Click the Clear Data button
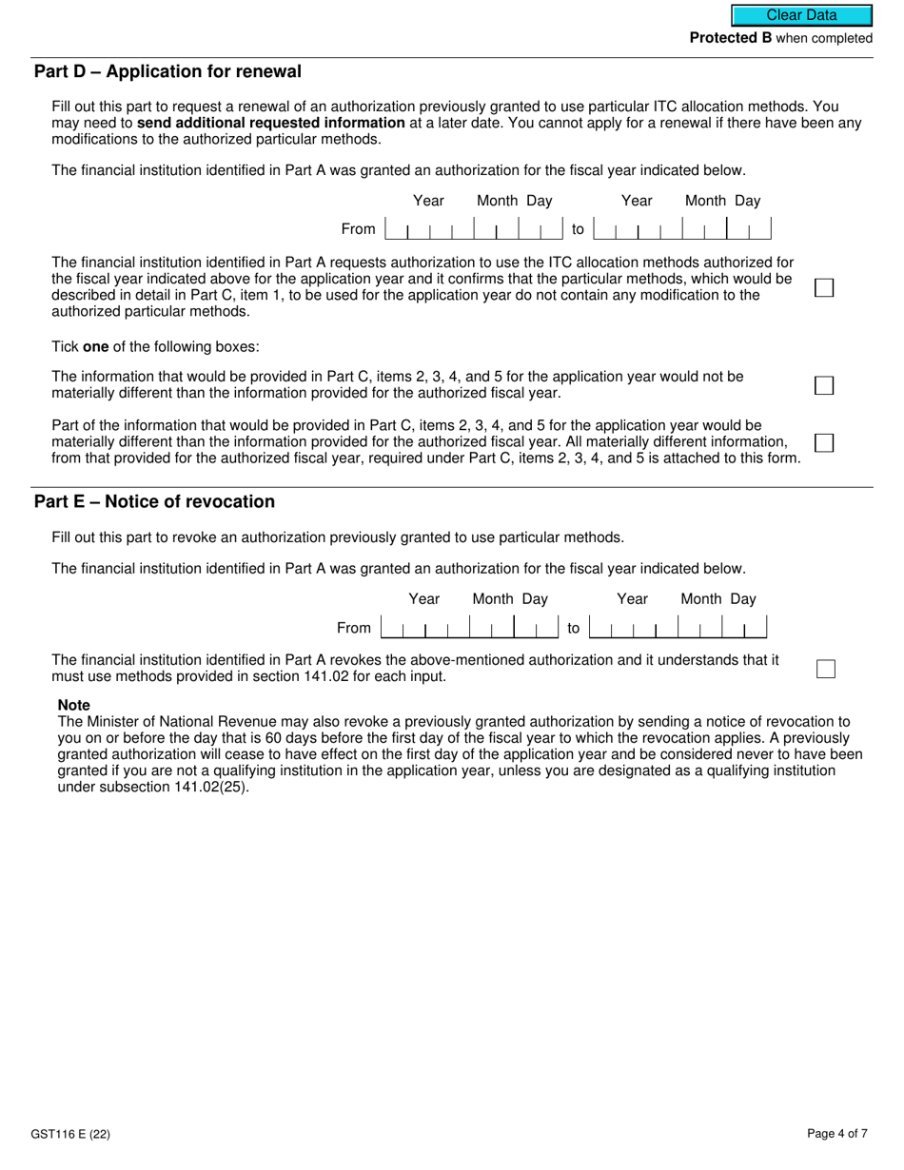[x=801, y=15]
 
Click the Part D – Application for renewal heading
[x=167, y=72]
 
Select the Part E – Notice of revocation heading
[x=154, y=502]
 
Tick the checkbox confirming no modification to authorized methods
[x=824, y=287]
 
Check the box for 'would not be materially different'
[x=824, y=385]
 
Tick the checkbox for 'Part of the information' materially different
[x=824, y=443]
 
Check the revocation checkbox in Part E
[x=826, y=669]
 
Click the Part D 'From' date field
[x=474, y=229]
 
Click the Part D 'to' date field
[x=681, y=229]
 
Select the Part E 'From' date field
[x=469, y=628]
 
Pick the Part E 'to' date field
[x=678, y=628]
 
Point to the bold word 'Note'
[x=74, y=706]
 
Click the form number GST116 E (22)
[x=63, y=1134]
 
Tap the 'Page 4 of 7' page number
[x=836, y=1134]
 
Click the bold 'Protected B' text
[x=731, y=38]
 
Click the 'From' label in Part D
[x=359, y=229]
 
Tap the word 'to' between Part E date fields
[x=574, y=628]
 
